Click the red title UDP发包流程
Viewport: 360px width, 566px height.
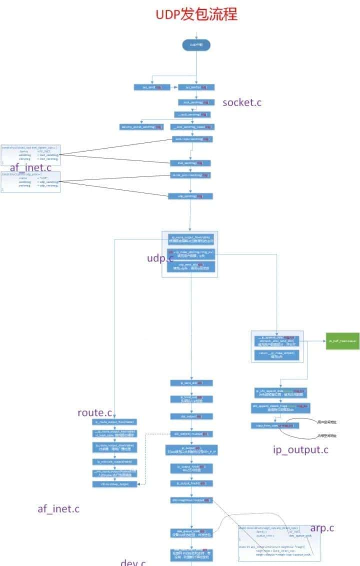pyautogui.click(x=196, y=13)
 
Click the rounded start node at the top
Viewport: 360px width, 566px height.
pyautogui.click(x=196, y=45)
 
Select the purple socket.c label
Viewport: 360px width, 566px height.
pyautogui.click(x=242, y=102)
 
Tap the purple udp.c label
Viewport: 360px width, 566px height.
pyautogui.click(x=160, y=257)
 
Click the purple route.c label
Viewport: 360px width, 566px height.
pyautogui.click(x=94, y=412)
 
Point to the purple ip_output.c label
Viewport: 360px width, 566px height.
pyautogui.click(x=300, y=449)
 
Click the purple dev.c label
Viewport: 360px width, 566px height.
pyautogui.click(x=133, y=562)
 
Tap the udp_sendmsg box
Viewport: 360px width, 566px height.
pyautogui.click(x=190, y=196)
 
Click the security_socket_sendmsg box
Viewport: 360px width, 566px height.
pyautogui.click(x=142, y=127)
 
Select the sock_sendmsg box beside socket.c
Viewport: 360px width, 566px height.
pyautogui.click(x=196, y=102)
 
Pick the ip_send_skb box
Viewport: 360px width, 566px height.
pyautogui.click(x=191, y=382)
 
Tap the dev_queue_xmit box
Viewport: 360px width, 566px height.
pyautogui.click(x=191, y=533)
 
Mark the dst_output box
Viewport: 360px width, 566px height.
pyautogui.click(x=191, y=416)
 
